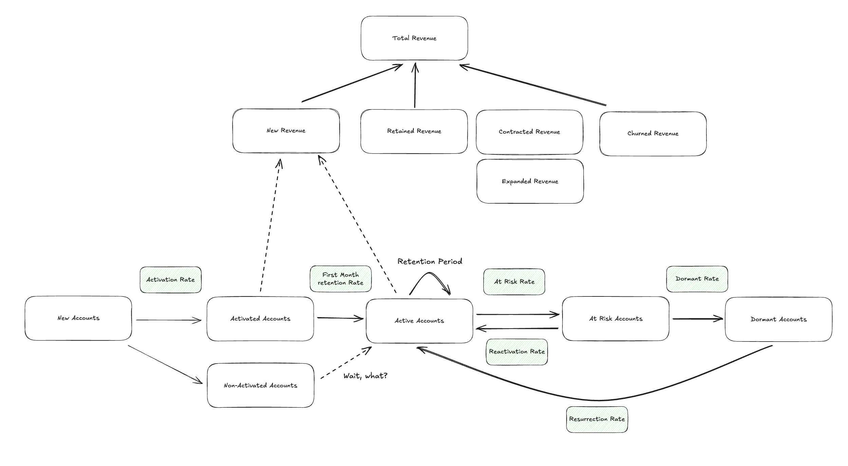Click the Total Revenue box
point(414,38)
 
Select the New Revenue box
point(286,131)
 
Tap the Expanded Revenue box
point(530,181)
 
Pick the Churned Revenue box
point(652,134)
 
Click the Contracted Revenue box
point(529,132)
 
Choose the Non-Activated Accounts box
point(260,385)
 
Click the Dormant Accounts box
point(778,319)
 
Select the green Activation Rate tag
point(170,280)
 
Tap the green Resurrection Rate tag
point(597,419)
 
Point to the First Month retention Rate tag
point(340,279)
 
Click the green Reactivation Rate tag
point(517,352)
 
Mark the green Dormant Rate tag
point(697,279)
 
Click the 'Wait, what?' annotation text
point(365,376)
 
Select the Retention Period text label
point(430,261)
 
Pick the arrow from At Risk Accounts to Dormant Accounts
point(697,319)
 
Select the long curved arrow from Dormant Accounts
point(597,400)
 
